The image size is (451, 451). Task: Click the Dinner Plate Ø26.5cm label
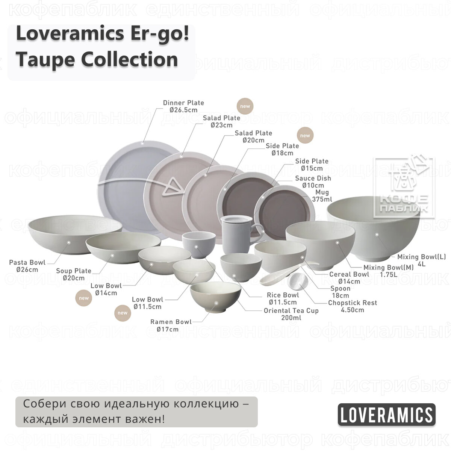(183, 106)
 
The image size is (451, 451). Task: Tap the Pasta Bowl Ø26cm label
(27, 266)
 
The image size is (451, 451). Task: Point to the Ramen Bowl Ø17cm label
(171, 325)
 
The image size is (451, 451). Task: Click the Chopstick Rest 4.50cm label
(352, 306)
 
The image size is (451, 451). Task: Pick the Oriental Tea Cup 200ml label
(291, 314)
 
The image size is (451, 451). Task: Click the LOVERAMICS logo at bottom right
(386, 415)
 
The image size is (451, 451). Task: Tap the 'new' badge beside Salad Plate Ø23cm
(245, 106)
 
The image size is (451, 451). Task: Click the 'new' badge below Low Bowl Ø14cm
(84, 298)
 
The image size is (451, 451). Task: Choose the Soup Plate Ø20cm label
(74, 274)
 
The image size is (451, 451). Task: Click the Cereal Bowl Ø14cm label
(349, 277)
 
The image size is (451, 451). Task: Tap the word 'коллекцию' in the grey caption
(203, 404)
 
